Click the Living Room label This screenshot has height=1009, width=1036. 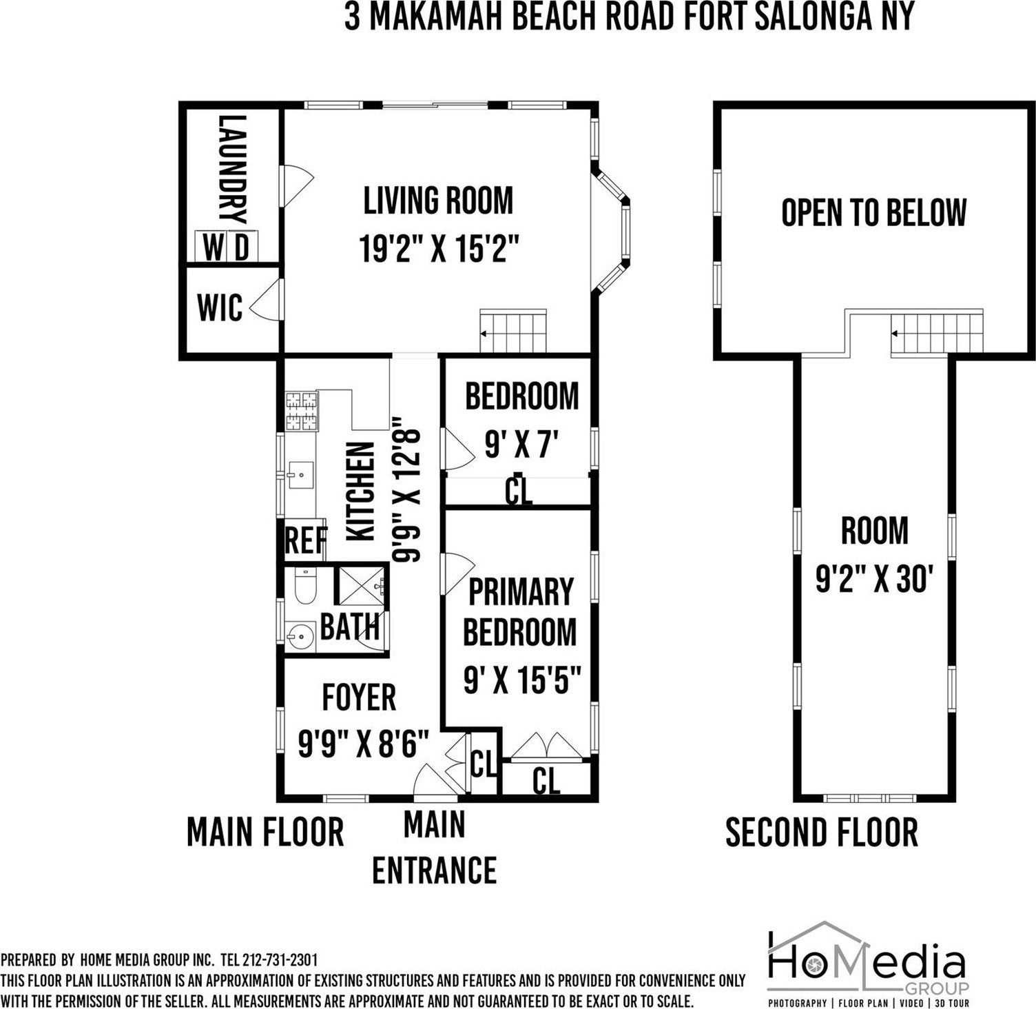(438, 200)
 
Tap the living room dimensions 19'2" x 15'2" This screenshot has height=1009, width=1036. (438, 248)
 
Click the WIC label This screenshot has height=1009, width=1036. (220, 307)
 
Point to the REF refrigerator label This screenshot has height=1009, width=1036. (306, 541)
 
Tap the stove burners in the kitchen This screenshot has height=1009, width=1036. (302, 411)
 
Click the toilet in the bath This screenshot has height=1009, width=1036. (304, 587)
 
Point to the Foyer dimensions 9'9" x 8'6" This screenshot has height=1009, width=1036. (364, 744)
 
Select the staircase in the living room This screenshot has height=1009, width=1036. (513, 332)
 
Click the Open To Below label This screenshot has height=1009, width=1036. (874, 212)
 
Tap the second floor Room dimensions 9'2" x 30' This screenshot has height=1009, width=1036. (874, 580)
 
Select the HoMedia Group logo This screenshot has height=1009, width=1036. (868, 961)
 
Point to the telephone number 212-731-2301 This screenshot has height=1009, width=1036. (280, 959)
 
